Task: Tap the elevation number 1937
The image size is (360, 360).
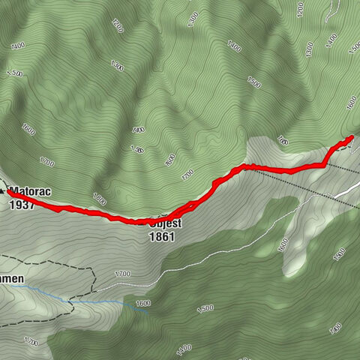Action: [22, 203]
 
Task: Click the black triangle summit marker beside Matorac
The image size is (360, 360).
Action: [4, 192]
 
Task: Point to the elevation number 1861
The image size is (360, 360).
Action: [162, 236]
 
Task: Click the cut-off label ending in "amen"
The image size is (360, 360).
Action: [12, 279]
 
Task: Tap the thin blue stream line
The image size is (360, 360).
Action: [105, 301]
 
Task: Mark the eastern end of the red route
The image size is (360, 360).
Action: [352, 137]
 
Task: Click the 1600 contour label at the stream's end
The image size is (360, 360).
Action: [143, 304]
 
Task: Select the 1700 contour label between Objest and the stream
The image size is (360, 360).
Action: [122, 274]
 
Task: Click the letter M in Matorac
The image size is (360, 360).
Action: [13, 191]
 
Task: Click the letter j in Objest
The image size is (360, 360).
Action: [165, 223]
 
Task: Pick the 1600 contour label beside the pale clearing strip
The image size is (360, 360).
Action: [283, 244]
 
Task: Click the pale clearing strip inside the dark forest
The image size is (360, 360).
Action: [296, 240]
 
